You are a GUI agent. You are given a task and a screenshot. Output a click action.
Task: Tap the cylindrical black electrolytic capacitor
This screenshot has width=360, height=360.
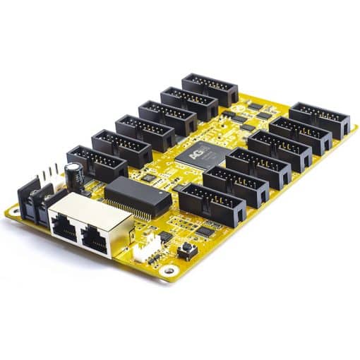[73, 174]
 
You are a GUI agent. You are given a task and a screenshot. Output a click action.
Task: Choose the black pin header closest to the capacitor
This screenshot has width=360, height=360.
[97, 162]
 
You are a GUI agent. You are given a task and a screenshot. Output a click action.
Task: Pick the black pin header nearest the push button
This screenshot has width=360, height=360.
[211, 204]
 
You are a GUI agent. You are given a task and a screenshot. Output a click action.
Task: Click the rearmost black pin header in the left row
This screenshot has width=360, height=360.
[210, 89]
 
